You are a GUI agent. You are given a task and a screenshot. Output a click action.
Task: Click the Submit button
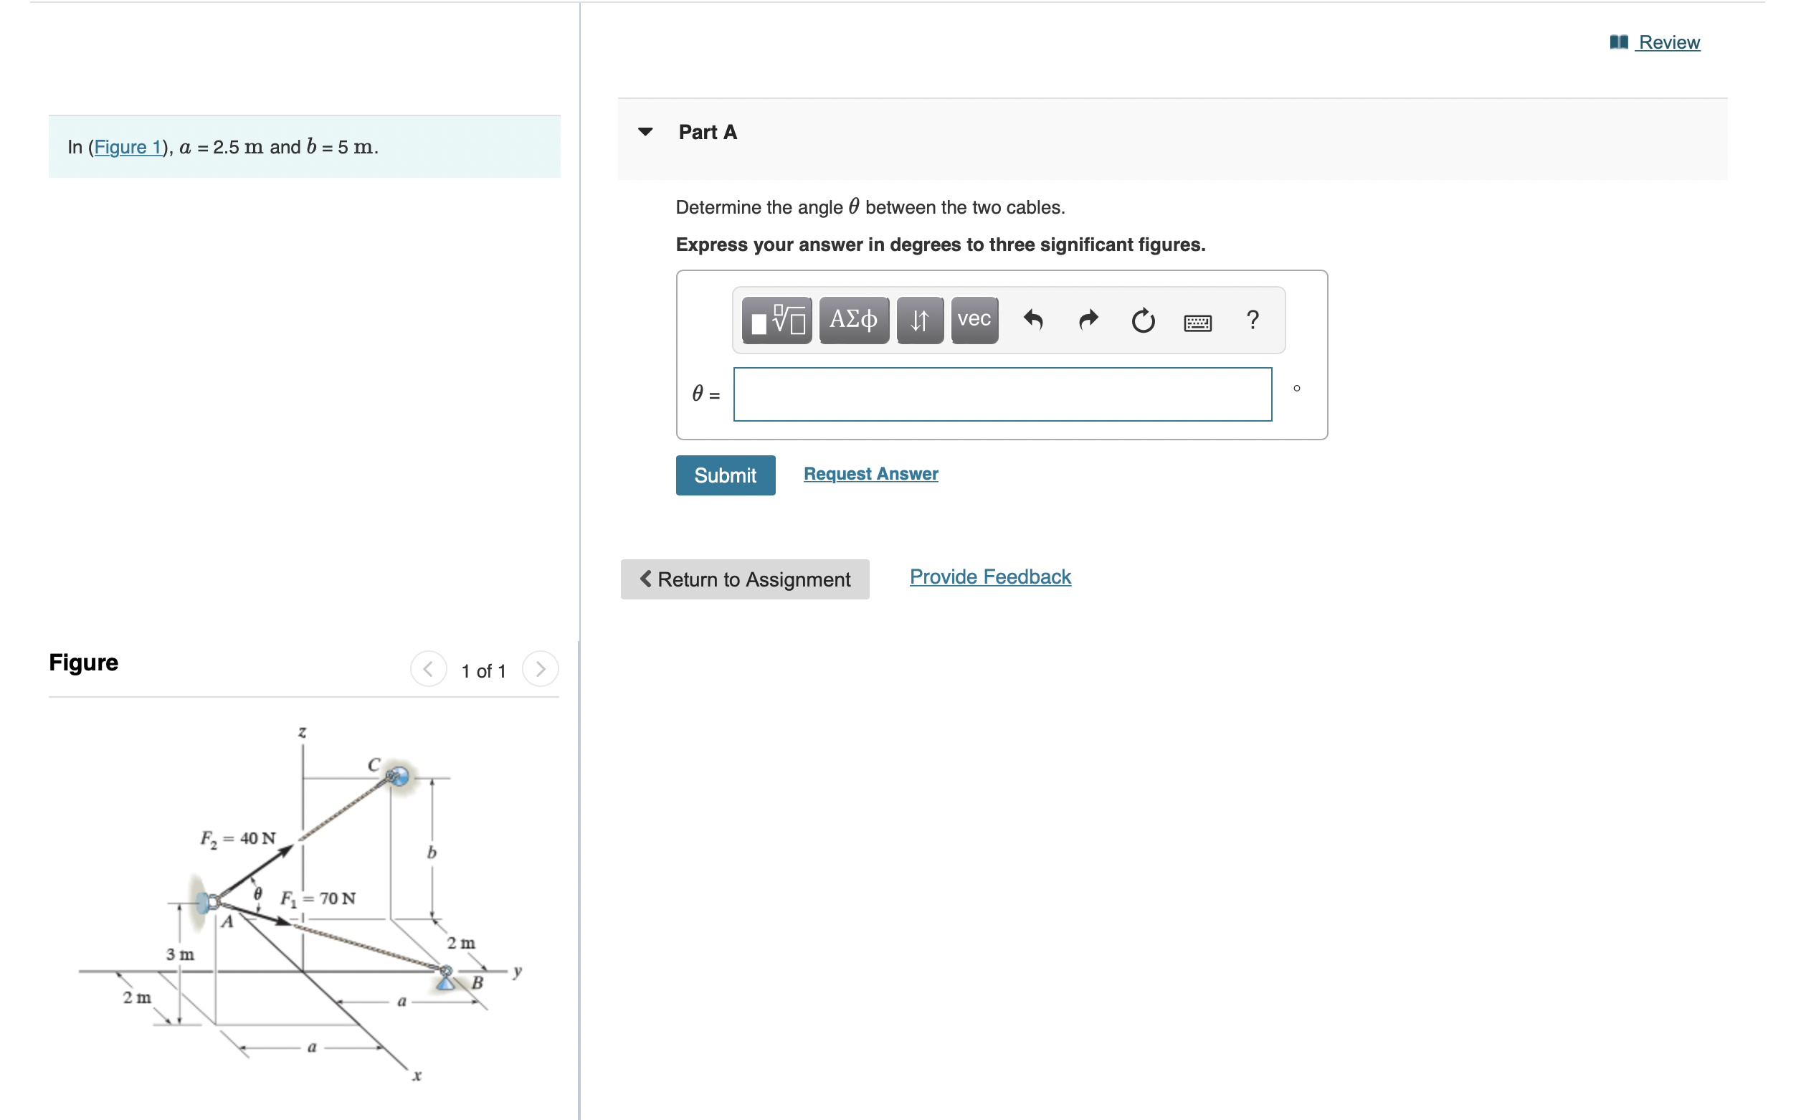[x=724, y=475]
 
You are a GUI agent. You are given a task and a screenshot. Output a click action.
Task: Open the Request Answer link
[x=870, y=473]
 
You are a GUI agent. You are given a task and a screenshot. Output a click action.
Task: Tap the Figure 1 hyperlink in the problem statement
[x=128, y=147]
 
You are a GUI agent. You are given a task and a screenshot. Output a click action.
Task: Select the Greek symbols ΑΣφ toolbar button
[x=853, y=320]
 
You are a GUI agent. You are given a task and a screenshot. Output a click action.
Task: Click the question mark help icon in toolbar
[x=1252, y=320]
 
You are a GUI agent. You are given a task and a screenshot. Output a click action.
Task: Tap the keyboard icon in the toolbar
[x=1197, y=322]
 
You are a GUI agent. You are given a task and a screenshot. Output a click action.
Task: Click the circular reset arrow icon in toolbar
[x=1142, y=321]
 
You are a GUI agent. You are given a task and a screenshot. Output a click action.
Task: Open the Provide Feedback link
[x=989, y=576]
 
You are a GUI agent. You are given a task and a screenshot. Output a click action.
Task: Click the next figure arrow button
[x=540, y=669]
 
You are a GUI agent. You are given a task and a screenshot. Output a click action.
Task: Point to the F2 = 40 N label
[x=238, y=837]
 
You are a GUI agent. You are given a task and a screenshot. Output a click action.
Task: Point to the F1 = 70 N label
[x=318, y=898]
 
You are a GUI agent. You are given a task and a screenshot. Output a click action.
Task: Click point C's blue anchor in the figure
[x=398, y=776]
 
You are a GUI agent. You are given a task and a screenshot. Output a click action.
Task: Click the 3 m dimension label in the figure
[x=180, y=954]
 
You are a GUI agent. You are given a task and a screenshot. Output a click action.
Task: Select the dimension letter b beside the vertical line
[x=432, y=853]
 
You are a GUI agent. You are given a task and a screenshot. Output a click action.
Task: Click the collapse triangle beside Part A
[x=645, y=132]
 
